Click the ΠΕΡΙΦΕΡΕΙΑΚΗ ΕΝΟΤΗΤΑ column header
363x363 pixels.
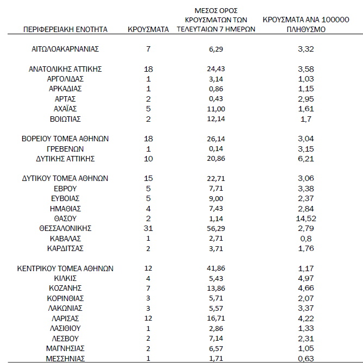66,29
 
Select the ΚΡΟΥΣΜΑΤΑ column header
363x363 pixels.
148,29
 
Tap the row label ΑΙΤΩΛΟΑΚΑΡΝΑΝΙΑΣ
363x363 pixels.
65,49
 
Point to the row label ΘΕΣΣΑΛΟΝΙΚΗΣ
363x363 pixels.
65,228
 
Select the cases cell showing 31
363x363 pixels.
148,228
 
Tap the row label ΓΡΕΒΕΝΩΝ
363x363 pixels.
65,148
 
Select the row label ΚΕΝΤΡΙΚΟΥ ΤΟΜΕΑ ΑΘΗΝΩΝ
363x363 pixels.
65,268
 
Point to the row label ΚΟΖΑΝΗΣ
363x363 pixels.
65,287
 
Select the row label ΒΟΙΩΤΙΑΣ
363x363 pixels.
65,118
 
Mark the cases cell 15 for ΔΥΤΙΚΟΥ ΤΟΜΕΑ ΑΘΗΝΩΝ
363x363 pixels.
148,178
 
